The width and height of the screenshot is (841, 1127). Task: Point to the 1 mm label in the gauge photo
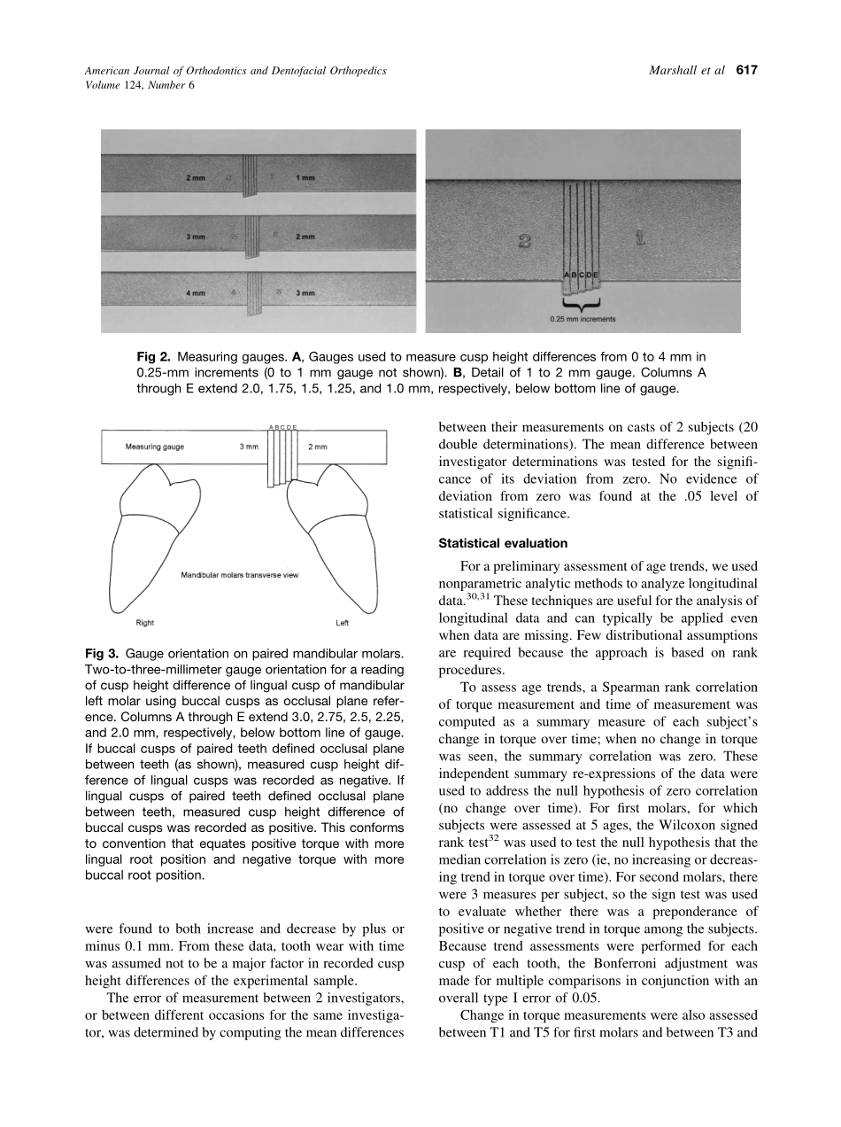tap(305, 178)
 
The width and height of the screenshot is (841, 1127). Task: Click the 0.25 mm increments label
tap(581, 319)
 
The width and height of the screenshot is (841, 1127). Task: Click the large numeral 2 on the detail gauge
tap(524, 240)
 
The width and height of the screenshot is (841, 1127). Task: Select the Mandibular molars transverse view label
tap(240, 575)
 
